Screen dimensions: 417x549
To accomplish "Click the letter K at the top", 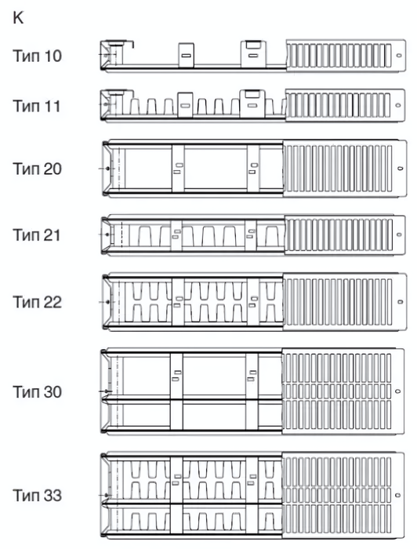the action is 18,18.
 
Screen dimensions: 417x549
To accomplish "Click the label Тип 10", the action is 37,56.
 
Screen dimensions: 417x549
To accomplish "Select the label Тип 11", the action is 36,106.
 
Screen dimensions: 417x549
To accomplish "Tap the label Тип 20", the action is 37,169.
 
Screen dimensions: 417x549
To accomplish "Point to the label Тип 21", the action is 36,235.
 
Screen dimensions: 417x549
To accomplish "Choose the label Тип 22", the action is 37,302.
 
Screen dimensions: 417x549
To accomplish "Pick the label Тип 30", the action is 37,392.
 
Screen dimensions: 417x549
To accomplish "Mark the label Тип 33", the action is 37,496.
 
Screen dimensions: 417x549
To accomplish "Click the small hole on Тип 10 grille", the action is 399,56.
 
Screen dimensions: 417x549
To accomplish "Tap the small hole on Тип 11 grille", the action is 397,105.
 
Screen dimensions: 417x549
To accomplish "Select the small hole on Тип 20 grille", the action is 401,169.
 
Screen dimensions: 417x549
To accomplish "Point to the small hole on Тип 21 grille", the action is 399,235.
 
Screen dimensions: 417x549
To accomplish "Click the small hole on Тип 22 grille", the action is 401,302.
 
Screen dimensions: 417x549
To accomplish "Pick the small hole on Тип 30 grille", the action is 397,391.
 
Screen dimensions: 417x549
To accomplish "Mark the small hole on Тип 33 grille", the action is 397,495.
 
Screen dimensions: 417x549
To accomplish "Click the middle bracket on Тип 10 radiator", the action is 186,56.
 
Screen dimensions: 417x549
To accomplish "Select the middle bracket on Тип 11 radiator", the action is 185,104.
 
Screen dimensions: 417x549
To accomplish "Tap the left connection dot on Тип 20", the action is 107,169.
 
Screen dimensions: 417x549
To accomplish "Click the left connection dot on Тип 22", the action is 107,302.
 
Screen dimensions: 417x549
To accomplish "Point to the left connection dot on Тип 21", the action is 107,235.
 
